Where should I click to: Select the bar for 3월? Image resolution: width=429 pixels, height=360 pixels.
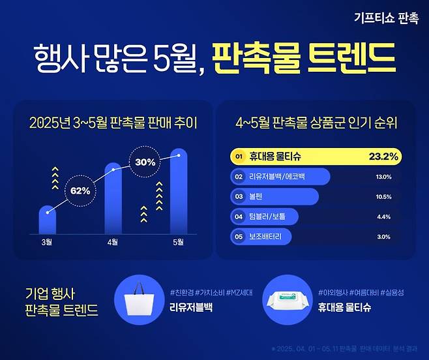tap(47, 220)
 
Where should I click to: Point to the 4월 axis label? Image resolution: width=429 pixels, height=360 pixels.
tap(113, 242)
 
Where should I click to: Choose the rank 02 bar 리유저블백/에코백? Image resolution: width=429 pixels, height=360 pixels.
tap(281, 177)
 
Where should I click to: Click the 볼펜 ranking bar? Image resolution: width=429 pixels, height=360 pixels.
tap(274, 197)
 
